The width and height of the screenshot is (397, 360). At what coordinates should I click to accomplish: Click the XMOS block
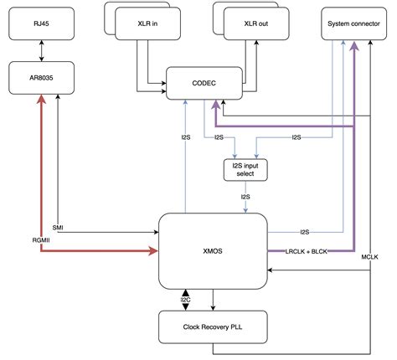(213, 249)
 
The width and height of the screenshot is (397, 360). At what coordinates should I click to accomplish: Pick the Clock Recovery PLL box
(213, 327)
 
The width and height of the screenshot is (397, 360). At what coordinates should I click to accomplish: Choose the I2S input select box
(245, 171)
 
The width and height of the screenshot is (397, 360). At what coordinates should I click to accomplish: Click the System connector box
(351, 25)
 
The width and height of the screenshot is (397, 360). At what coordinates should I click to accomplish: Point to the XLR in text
(149, 24)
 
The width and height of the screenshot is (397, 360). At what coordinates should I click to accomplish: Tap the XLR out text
(257, 24)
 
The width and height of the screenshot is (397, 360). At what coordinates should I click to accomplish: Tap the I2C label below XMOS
(186, 298)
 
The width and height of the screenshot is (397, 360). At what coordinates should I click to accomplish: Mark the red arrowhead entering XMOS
(153, 249)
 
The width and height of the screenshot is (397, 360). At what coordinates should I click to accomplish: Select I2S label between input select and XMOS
(245, 198)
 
